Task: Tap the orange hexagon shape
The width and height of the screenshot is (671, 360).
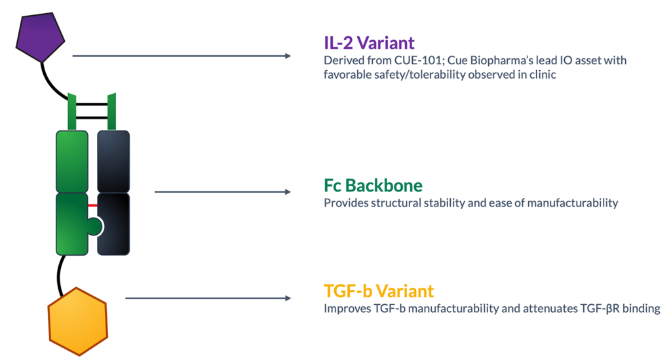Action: pyautogui.click(x=77, y=321)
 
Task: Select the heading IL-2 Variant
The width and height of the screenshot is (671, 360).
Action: pyautogui.click(x=369, y=43)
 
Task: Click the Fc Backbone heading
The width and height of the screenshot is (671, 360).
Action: pyautogui.click(x=373, y=186)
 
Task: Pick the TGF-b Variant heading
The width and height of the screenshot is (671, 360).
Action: pyautogui.click(x=379, y=291)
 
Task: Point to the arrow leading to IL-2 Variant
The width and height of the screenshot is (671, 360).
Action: pyautogui.click(x=182, y=56)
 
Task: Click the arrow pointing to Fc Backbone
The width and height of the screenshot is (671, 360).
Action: pyautogui.click(x=223, y=191)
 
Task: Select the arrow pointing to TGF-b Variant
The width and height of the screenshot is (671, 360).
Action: pyautogui.click(x=208, y=298)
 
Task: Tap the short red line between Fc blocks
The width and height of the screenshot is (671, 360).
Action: pyautogui.click(x=92, y=205)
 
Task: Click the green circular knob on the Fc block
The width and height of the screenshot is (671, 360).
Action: pyautogui.click(x=94, y=226)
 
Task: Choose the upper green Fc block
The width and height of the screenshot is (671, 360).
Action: pyautogui.click(x=72, y=162)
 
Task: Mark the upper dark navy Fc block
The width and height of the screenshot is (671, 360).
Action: pyautogui.click(x=113, y=162)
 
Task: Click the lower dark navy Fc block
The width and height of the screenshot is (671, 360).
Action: pyautogui.click(x=114, y=224)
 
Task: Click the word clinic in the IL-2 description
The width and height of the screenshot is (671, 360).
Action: pyautogui.click(x=543, y=75)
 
